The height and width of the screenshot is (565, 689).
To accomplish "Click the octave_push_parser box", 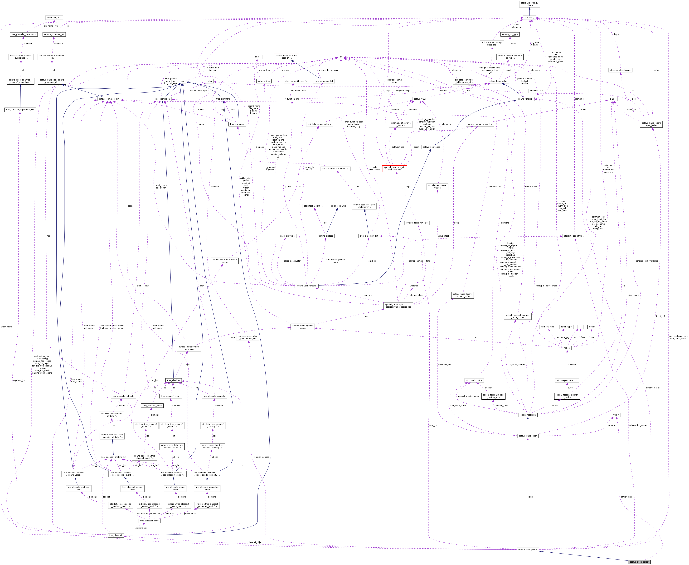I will (639, 562).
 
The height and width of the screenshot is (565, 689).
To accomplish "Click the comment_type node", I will (54, 18).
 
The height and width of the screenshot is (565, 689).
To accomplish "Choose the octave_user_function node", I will (306, 286).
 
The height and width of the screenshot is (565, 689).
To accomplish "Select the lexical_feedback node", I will (528, 415).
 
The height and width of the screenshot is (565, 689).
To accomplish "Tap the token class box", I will (567, 348).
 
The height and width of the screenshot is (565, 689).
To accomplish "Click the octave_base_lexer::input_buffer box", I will (651, 124).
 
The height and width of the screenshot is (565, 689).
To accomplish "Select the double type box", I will (592, 327).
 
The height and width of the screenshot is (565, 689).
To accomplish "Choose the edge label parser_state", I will (626, 497).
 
